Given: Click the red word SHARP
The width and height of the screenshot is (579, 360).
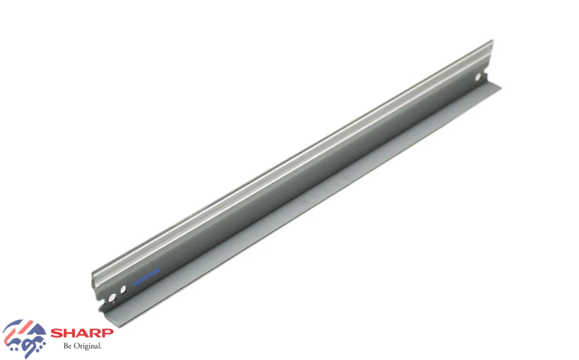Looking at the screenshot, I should pos(82,333).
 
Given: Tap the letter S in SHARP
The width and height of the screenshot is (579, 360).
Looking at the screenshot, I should pos(57,333).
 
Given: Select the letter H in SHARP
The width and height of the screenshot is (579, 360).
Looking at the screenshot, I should pos(69,333).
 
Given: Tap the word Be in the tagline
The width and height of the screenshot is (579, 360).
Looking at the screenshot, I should pos(68,346).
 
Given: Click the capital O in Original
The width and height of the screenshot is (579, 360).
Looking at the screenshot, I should pos(77,346).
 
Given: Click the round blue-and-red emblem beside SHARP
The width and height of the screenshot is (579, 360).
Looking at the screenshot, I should pos(24,337).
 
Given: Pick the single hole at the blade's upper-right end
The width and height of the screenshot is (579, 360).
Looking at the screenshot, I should pos(478,77).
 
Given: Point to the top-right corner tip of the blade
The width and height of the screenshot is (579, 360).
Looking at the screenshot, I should pos(493,41).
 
